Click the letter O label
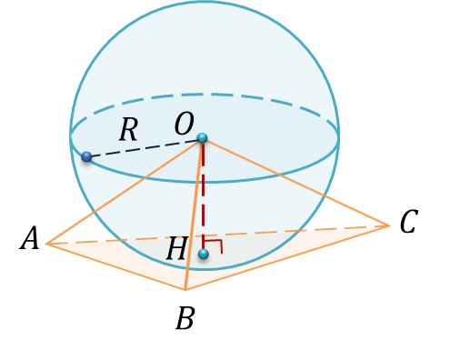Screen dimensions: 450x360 click(x=184, y=125)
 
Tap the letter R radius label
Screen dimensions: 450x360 click(x=129, y=130)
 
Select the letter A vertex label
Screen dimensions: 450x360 click(x=30, y=238)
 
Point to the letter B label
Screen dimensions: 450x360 click(x=185, y=318)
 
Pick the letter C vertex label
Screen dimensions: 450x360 click(x=409, y=222)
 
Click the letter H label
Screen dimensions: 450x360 click(x=176, y=249)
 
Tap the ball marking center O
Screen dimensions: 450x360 click(x=203, y=138)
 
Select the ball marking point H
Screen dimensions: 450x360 click(x=204, y=254)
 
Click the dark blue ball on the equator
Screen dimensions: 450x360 click(x=86, y=156)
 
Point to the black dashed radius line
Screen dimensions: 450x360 click(x=145, y=148)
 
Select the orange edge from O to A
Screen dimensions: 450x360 click(x=123, y=192)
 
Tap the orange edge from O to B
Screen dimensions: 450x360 click(x=194, y=215)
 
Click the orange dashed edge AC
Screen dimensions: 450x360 click(x=217, y=235)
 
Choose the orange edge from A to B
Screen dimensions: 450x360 click(x=115, y=266)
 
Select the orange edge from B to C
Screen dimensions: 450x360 click(x=287, y=257)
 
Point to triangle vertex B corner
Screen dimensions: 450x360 click(x=185, y=290)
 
